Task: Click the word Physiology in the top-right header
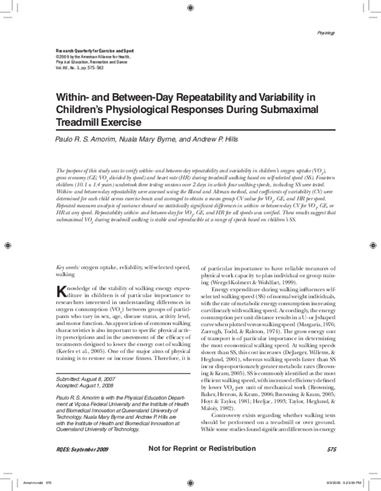click(326, 31)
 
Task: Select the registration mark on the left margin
click(8, 245)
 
